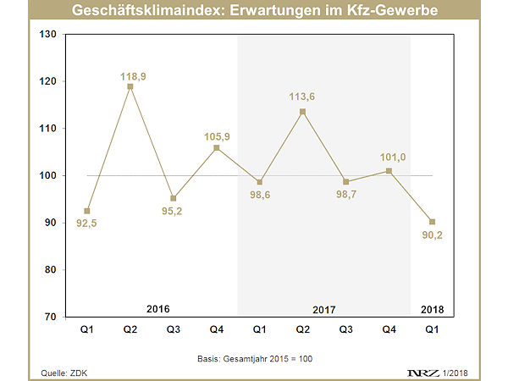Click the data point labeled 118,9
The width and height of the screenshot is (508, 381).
pyautogui.click(x=130, y=86)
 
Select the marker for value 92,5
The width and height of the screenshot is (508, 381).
pyautogui.click(x=86, y=211)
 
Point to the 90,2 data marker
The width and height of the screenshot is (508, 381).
pyautogui.click(x=432, y=222)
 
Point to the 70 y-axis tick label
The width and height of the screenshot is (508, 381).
pyautogui.click(x=49, y=317)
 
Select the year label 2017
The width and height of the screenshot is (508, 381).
pyautogui.click(x=324, y=309)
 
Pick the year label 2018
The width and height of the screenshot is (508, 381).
pyautogui.click(x=432, y=309)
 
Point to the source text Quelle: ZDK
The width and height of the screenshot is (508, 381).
pyautogui.click(x=64, y=373)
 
